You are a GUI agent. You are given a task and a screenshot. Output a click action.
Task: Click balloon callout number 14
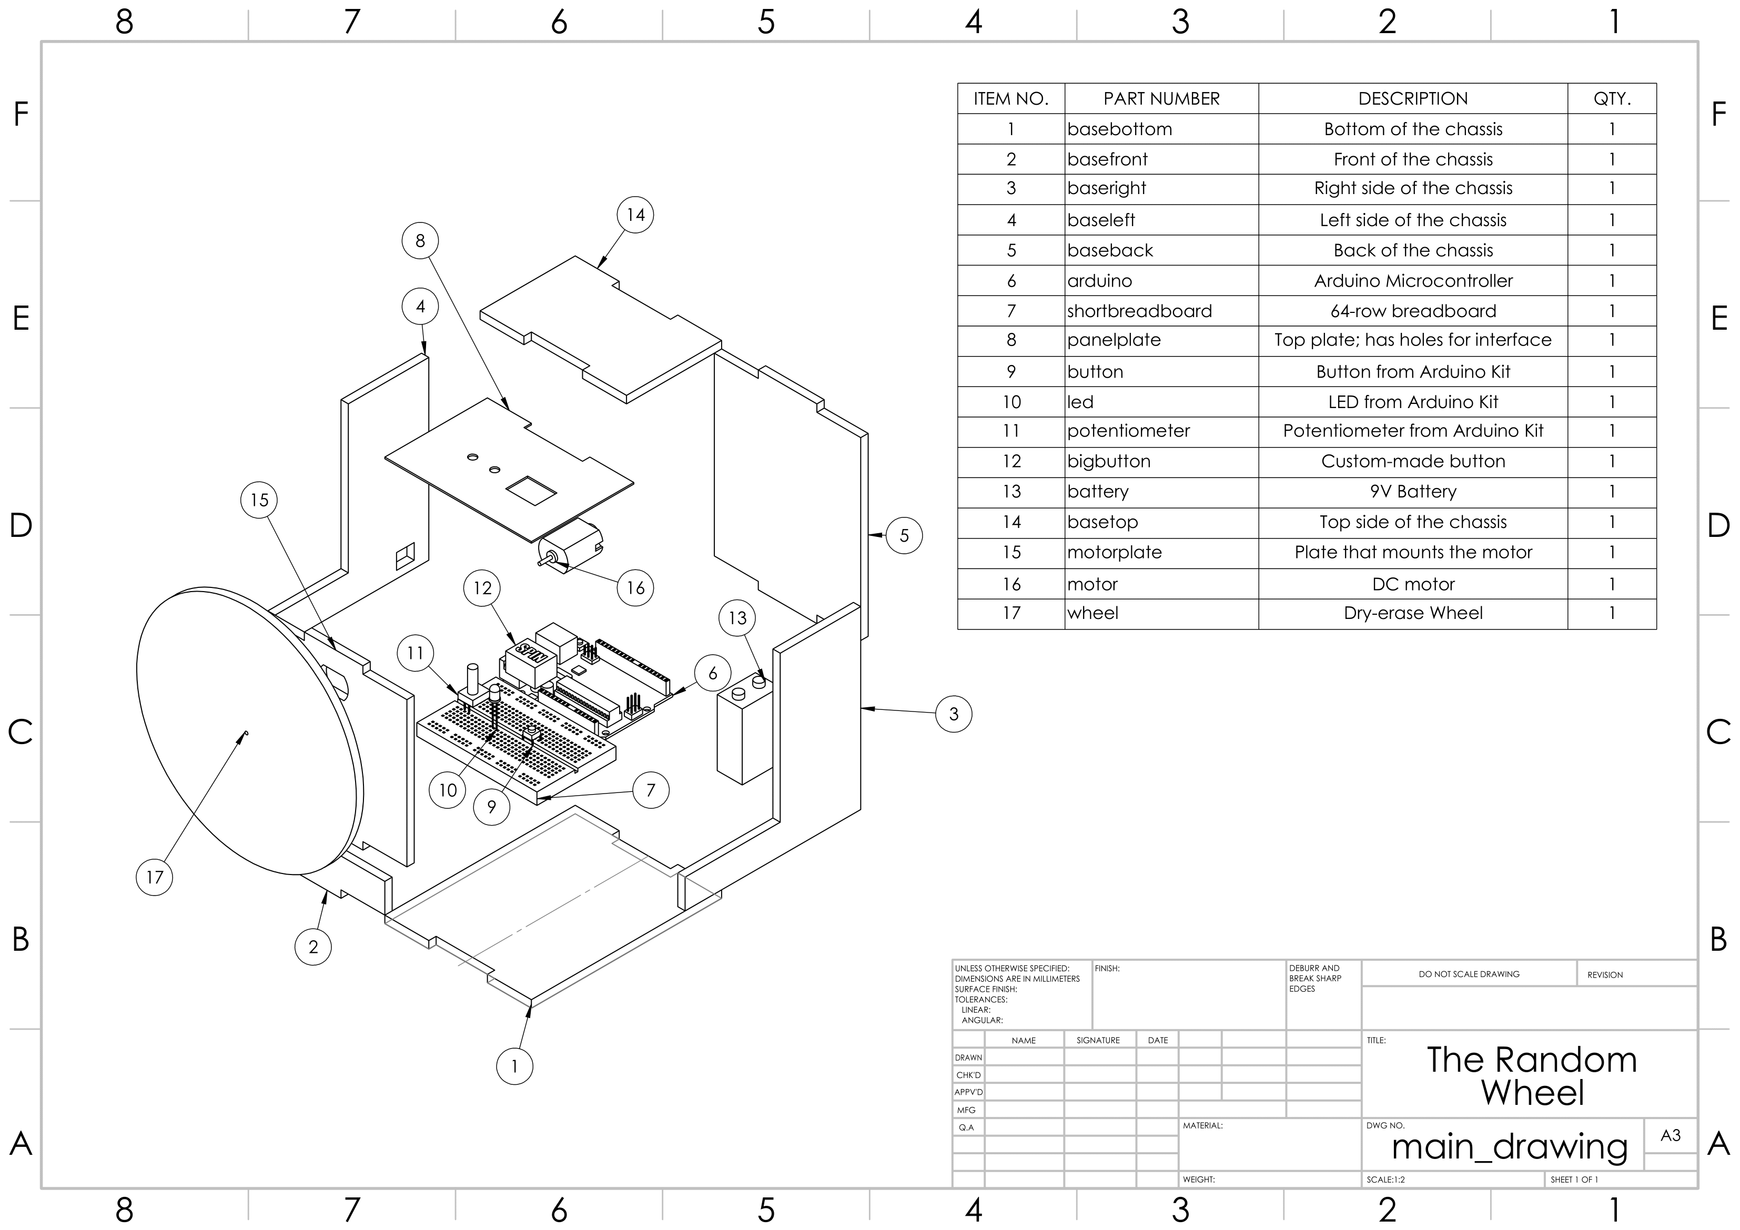pyautogui.click(x=635, y=215)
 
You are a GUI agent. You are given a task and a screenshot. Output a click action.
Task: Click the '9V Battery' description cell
pyautogui.click(x=1413, y=492)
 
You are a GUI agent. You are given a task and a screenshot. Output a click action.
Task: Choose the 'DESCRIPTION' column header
pyautogui.click(x=1413, y=98)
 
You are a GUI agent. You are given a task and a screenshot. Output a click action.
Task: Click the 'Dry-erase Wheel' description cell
pyautogui.click(x=1413, y=613)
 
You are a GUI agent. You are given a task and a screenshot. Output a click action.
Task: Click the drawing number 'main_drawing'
pyautogui.click(x=1510, y=1147)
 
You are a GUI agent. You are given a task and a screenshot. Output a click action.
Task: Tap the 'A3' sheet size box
pyautogui.click(x=1670, y=1135)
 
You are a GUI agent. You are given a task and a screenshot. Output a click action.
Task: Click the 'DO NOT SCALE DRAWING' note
pyautogui.click(x=1469, y=974)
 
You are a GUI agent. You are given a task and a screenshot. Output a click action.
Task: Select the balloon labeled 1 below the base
pyautogui.click(x=514, y=1066)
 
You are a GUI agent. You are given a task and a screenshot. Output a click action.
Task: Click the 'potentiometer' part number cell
pyautogui.click(x=1128, y=431)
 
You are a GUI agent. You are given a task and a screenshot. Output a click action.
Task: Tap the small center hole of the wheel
pyautogui.click(x=246, y=734)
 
